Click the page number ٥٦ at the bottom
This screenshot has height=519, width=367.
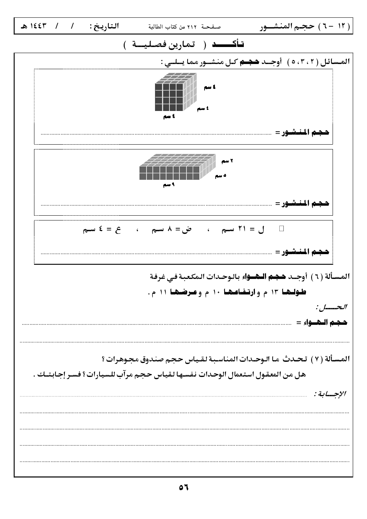[x=183, y=487]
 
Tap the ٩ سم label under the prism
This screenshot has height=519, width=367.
[x=168, y=184]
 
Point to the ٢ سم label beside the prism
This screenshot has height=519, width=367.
[x=227, y=161]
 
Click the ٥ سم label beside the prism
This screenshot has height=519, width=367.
[x=220, y=175]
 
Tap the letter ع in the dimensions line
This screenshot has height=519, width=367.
[x=118, y=230]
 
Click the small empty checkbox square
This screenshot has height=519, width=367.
[x=282, y=229]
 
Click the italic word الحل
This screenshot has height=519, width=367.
[x=332, y=307]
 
